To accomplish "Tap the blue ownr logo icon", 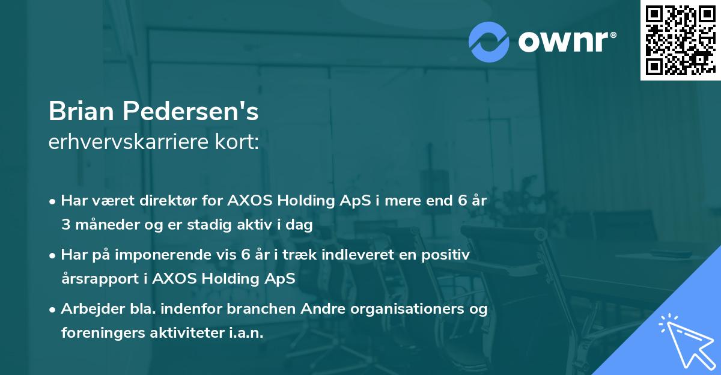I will pos(489,42).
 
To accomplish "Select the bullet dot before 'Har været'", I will pos(53,202).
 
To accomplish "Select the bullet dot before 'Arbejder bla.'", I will pos(53,310).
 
